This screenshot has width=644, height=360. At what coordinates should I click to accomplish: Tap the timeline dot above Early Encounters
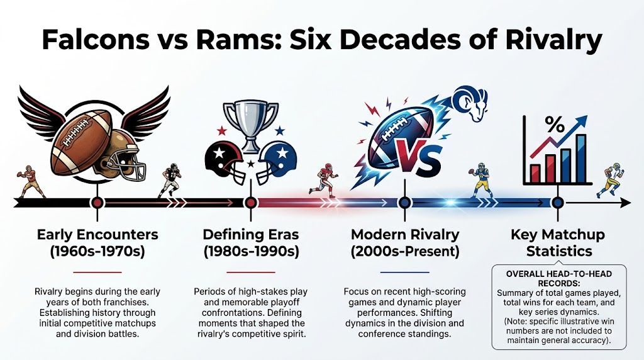97,203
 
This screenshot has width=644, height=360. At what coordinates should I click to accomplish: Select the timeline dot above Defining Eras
250,203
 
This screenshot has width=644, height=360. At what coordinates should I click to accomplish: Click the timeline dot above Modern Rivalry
404,203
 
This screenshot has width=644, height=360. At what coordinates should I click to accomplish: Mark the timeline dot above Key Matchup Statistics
557,203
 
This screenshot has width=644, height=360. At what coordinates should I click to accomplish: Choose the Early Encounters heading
97,235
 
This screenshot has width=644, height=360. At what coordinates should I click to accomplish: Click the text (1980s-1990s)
250,252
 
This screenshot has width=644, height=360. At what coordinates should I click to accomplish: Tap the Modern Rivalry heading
404,235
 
